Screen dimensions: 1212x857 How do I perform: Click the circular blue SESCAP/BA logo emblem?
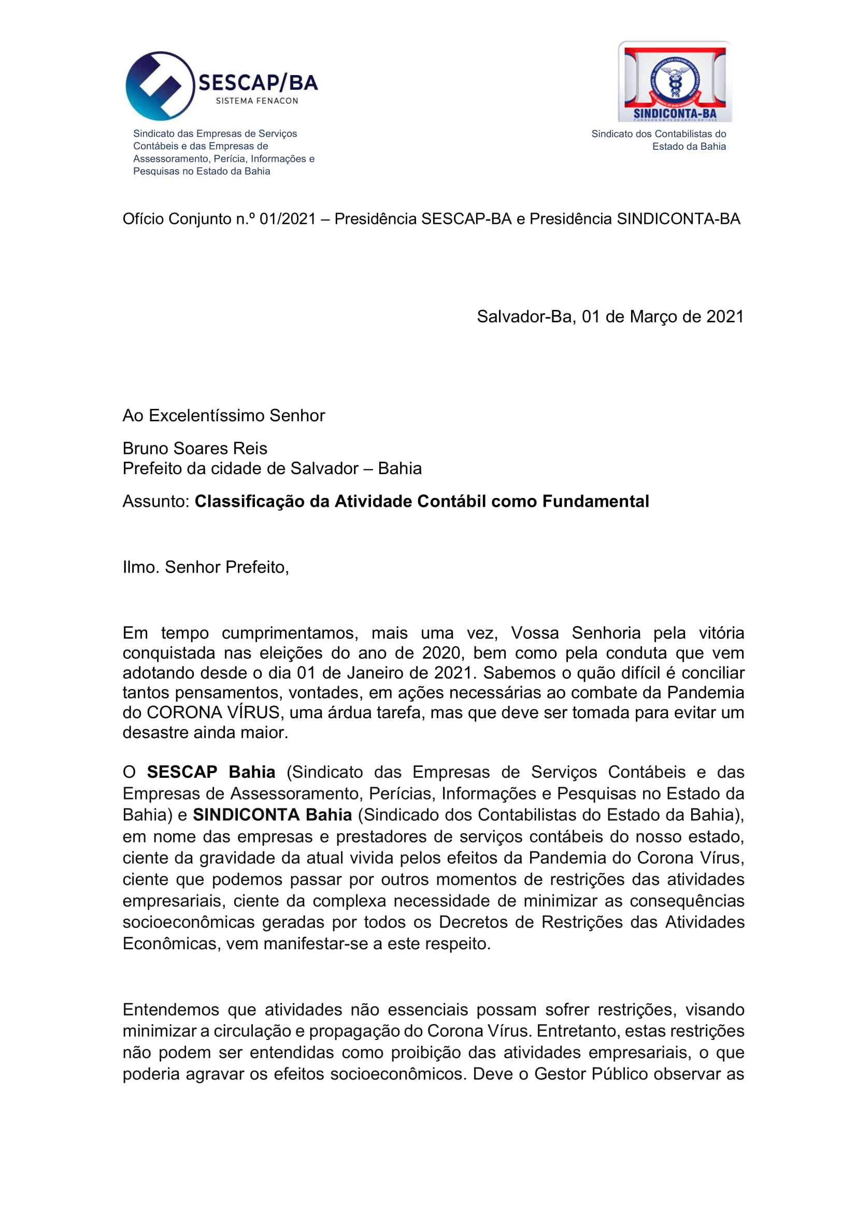tap(160, 85)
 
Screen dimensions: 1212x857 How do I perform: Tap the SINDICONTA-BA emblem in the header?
tap(675, 81)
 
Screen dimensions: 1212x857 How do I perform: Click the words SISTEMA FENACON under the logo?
tap(257, 101)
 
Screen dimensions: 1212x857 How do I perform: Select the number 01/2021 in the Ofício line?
tap(288, 219)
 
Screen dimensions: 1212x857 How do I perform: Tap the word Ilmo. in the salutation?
tap(141, 567)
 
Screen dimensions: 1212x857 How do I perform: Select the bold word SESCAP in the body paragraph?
tap(182, 772)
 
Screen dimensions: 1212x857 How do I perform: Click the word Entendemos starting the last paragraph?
tap(171, 1009)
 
